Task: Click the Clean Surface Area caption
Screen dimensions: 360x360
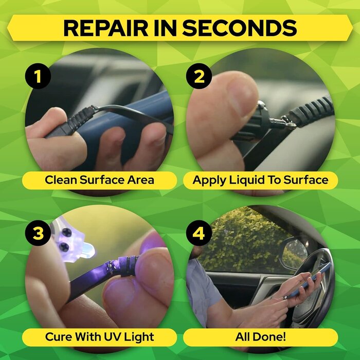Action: [x=99, y=180]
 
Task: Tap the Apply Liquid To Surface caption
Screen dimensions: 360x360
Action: [x=260, y=180]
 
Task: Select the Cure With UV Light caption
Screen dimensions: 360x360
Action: [x=99, y=337]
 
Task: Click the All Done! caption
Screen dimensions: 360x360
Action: [x=260, y=337]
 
